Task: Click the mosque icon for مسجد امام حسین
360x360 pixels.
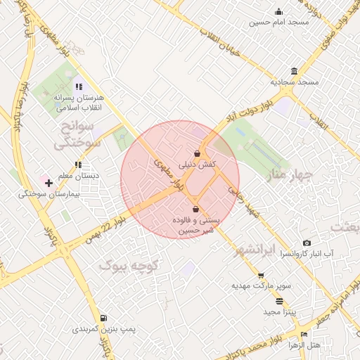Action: pos(279,11)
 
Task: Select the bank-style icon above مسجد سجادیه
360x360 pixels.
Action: pos(293,72)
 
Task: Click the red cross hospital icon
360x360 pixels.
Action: pos(49,184)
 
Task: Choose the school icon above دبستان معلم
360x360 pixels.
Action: pos(78,165)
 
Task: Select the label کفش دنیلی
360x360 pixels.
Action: pos(198,165)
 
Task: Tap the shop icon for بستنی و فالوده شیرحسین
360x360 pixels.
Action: pos(195,210)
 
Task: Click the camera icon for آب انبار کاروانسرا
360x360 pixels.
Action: pos(307,243)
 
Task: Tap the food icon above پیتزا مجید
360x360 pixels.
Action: pos(280,301)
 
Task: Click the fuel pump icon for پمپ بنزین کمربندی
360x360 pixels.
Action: pos(104,319)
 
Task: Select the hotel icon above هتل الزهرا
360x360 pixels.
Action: pos(304,335)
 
